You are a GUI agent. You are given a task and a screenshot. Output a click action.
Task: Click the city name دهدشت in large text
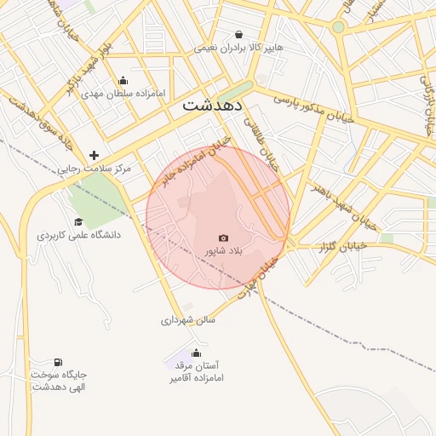tap(213, 106)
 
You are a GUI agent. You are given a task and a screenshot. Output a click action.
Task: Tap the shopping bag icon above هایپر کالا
tap(238, 35)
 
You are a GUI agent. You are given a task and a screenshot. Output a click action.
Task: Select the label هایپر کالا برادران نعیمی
tap(238, 49)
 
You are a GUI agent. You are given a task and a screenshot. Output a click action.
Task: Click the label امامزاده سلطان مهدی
tap(125, 94)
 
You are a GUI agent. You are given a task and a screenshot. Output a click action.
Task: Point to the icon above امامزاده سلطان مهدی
tap(124, 80)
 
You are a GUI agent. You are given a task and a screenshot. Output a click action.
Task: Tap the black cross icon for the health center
tap(94, 155)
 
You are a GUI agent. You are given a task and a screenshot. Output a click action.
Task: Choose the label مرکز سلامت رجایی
tap(95, 169)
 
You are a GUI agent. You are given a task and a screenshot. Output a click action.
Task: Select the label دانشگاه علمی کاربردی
tap(78, 234)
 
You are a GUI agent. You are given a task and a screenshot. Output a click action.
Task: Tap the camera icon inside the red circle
tap(223, 238)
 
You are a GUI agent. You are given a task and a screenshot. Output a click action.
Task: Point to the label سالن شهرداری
tap(188, 320)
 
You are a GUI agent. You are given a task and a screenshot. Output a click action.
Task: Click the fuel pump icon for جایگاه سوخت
tap(59, 362)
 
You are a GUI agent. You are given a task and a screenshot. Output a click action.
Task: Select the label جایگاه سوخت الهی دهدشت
tap(60, 381)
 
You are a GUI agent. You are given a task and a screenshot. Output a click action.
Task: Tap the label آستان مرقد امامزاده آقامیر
tap(197, 370)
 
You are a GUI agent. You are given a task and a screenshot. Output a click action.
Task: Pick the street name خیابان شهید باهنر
tap(342, 194)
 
